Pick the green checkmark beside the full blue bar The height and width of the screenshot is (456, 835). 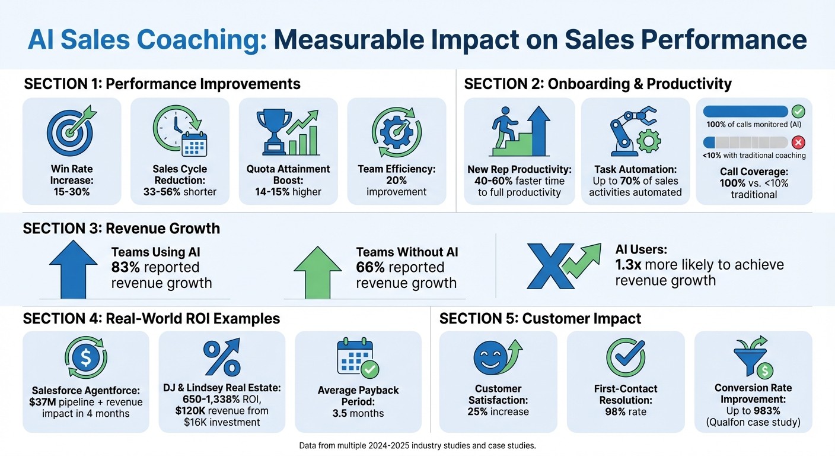click(798, 111)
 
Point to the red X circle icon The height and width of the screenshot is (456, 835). click(798, 142)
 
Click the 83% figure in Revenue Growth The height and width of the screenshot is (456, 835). click(125, 268)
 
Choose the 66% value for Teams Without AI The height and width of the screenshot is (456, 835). click(369, 268)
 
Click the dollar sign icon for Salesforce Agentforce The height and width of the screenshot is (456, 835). click(85, 357)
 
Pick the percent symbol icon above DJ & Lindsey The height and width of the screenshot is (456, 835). click(221, 357)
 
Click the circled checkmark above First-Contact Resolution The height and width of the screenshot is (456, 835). click(626, 357)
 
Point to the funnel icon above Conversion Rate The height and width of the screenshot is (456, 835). click(752, 357)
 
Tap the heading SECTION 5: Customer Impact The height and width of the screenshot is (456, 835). click(540, 319)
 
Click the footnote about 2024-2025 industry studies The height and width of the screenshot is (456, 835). click(417, 445)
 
